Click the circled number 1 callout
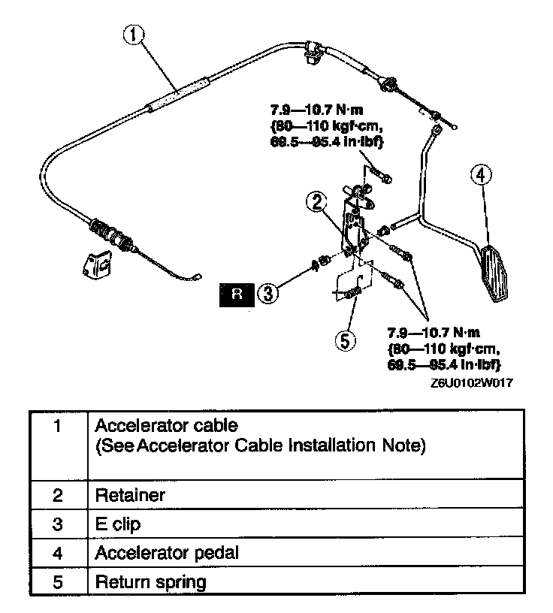click(134, 35)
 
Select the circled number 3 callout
click(267, 294)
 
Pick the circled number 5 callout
click(343, 340)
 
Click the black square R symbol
click(237, 294)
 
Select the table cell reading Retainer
click(129, 497)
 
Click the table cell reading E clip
click(119, 525)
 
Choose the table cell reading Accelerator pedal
click(167, 554)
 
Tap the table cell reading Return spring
click(150, 582)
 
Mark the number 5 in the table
click(57, 582)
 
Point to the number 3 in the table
click(57, 525)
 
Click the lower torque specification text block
click(443, 348)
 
